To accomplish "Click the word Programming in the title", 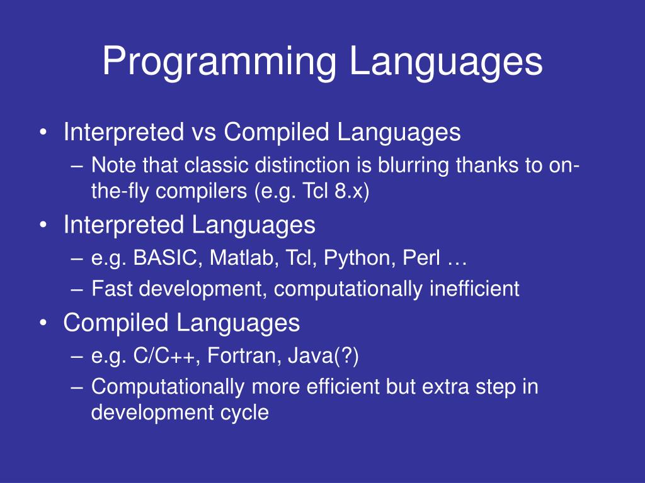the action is pos(219,62).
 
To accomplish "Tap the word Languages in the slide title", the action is pos(446,62).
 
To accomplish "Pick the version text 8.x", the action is pos(349,191).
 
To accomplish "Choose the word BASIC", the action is pos(164,258).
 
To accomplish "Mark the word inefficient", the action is pos(475,288).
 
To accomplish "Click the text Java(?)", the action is pos(323,356).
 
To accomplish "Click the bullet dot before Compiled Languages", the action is pos(43,323).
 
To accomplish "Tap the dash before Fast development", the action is pos(77,289).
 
